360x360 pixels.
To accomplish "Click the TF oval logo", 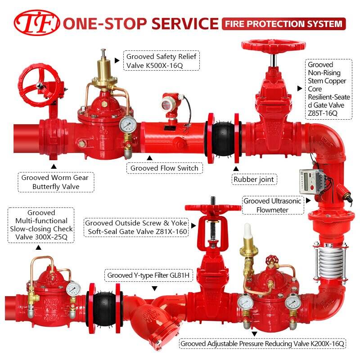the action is pyautogui.click(x=37, y=23).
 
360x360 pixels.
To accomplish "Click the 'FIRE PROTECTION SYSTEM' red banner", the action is pyautogui.click(x=284, y=24).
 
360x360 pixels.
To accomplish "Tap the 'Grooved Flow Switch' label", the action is pyautogui.click(x=164, y=168).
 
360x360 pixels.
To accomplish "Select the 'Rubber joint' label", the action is pyautogui.click(x=254, y=179).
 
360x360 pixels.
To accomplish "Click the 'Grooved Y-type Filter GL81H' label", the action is pyautogui.click(x=148, y=275).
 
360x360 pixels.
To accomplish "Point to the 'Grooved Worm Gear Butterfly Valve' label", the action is pyautogui.click(x=56, y=182).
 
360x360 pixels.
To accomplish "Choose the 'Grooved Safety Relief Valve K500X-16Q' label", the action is pyautogui.click(x=162, y=61).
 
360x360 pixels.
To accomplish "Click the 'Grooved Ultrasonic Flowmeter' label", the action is pyautogui.click(x=273, y=205).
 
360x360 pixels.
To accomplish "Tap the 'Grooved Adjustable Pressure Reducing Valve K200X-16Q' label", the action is pyautogui.click(x=262, y=344).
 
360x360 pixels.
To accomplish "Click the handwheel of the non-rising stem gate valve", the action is pyautogui.click(x=274, y=45).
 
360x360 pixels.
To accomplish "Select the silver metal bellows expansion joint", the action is pyautogui.click(x=329, y=262).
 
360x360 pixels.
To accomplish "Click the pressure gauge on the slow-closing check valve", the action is pyautogui.click(x=73, y=289).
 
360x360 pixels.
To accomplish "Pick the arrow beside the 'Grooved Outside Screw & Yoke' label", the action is pyautogui.click(x=193, y=226).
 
